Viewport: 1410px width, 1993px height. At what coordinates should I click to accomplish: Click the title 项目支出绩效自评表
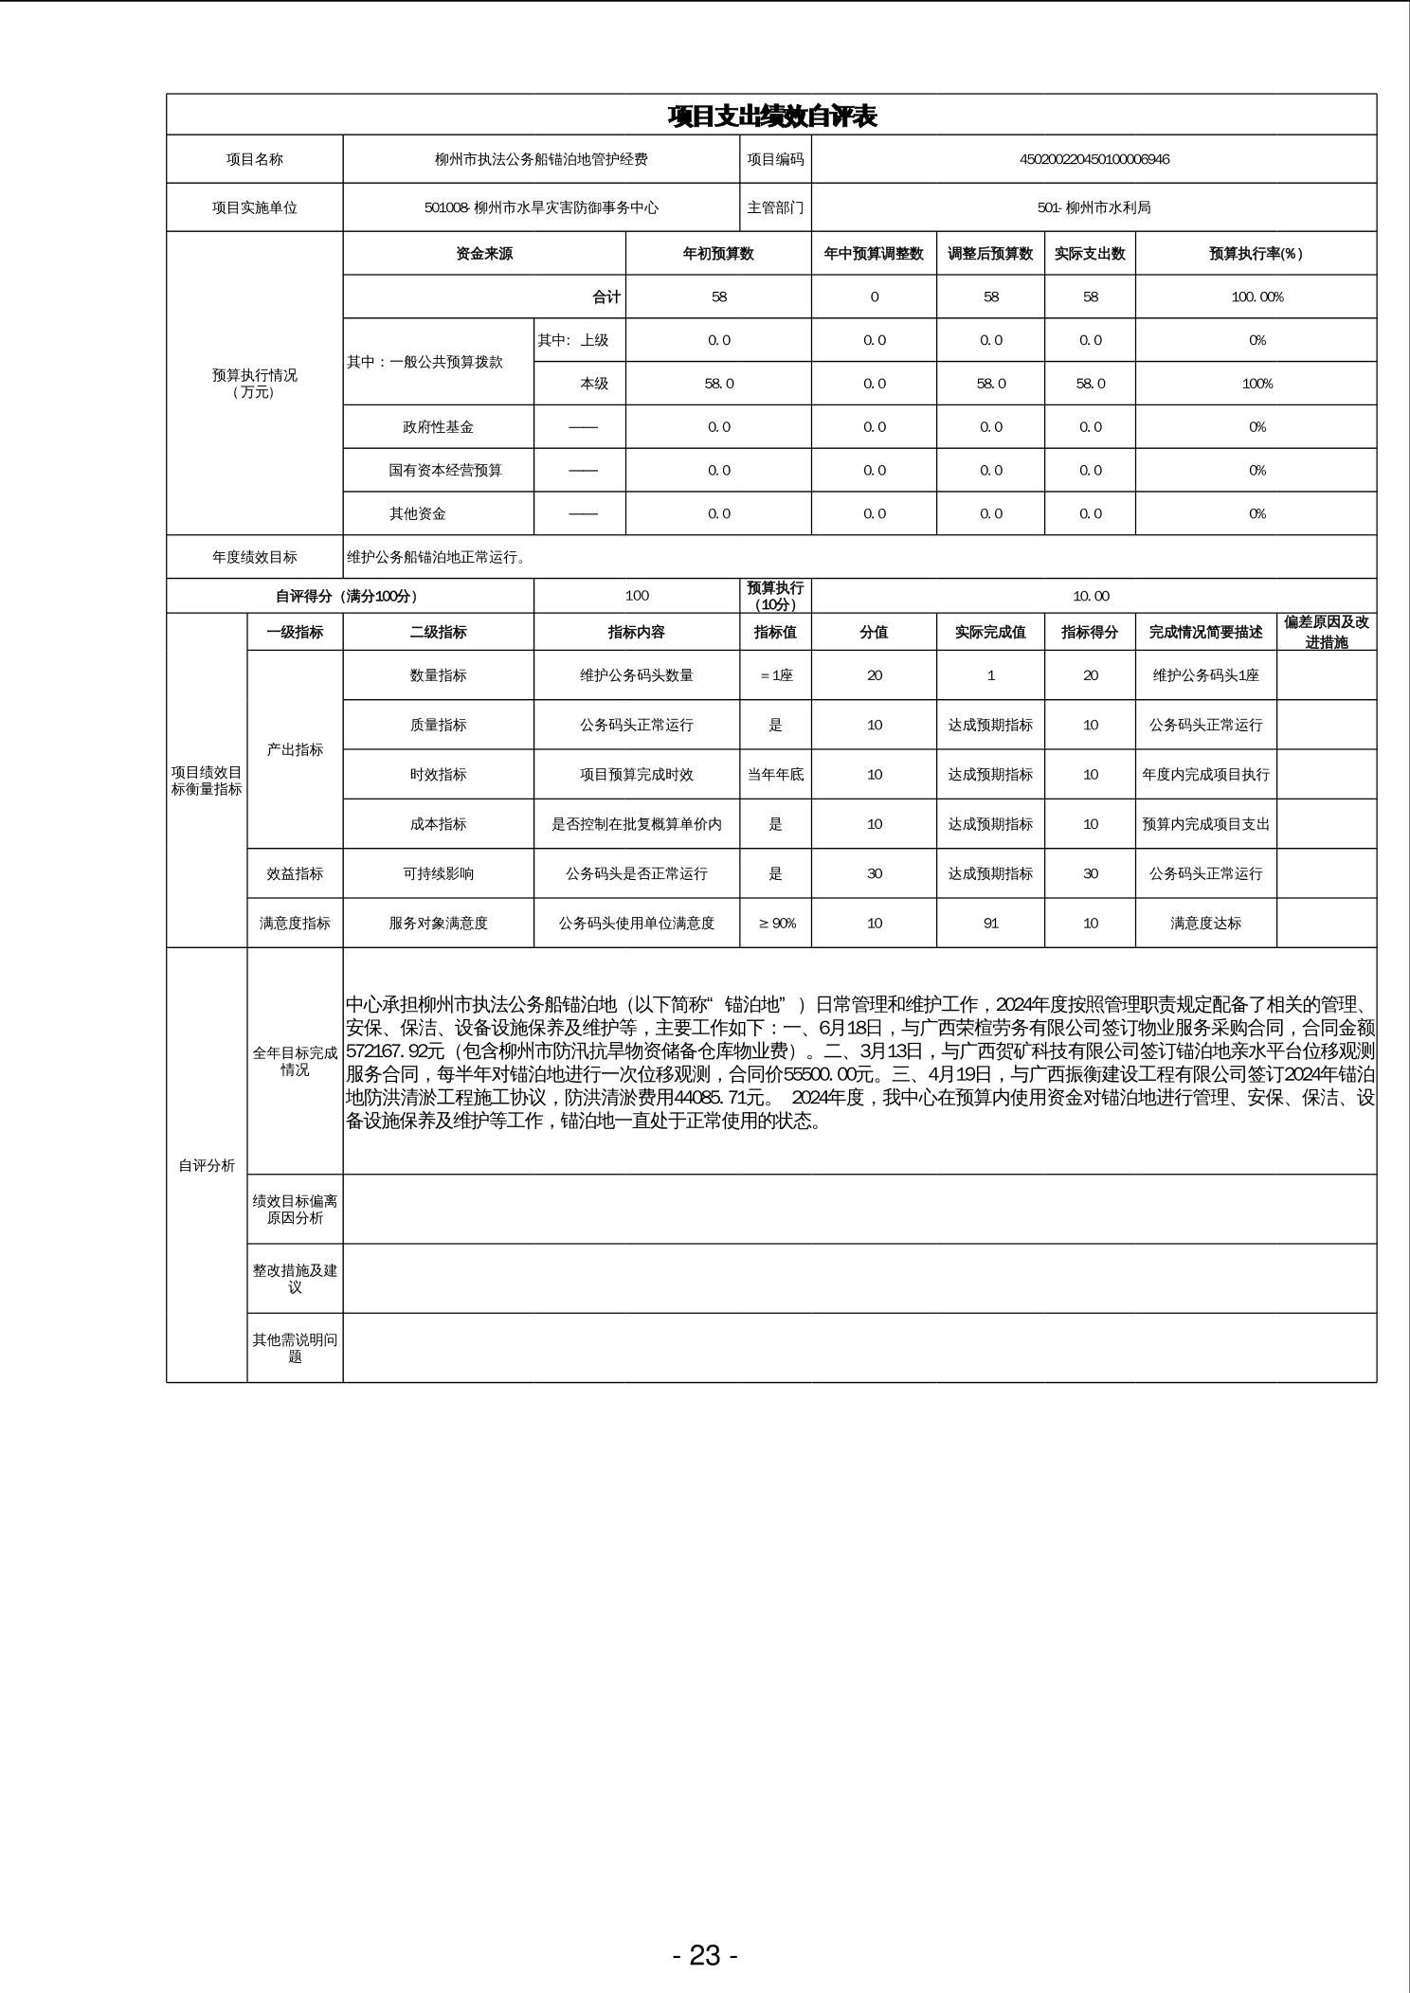click(771, 116)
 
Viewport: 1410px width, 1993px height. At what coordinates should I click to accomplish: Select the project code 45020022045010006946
click(1094, 159)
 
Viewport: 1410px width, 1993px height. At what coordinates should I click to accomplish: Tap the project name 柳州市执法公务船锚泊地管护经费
click(541, 159)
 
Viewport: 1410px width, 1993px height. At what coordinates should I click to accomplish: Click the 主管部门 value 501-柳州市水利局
click(1094, 207)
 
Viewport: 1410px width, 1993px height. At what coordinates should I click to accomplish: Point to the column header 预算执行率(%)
click(1256, 254)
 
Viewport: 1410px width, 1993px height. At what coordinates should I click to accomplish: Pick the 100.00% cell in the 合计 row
click(1256, 297)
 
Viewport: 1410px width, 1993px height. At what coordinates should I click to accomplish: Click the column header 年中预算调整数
click(874, 254)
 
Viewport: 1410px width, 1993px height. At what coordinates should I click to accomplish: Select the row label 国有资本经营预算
click(444, 471)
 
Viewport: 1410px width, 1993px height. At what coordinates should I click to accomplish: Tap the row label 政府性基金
click(438, 427)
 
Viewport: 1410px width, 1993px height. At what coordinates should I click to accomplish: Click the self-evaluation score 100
click(637, 596)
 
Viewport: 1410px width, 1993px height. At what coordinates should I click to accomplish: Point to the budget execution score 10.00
click(1091, 596)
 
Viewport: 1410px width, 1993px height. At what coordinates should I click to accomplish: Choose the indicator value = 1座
click(775, 675)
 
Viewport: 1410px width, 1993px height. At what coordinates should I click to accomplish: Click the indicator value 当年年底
click(775, 775)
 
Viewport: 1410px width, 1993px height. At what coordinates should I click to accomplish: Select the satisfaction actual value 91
click(990, 924)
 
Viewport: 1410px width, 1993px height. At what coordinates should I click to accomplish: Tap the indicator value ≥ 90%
click(776, 924)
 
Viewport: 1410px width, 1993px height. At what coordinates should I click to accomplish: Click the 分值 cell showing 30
click(874, 873)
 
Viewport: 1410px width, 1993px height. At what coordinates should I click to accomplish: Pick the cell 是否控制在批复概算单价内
click(637, 824)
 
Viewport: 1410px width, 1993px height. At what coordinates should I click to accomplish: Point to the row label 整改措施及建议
click(295, 1279)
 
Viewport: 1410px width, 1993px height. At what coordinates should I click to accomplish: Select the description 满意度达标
click(1205, 924)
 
